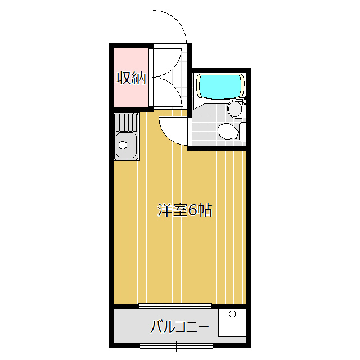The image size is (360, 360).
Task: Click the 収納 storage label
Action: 131,78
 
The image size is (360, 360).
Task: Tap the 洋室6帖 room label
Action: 185,210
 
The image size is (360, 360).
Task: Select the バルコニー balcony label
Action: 179,326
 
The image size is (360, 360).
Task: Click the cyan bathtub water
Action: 220,87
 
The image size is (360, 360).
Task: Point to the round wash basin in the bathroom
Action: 235,109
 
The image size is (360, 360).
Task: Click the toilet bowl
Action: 228,131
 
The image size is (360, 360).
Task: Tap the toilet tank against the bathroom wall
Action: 243,132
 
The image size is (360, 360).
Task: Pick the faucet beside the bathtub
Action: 244,101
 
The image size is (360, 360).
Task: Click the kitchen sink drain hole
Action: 123,145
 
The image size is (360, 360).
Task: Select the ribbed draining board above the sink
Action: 126,122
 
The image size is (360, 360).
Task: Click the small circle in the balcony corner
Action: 232,314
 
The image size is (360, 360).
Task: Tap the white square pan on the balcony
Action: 232,323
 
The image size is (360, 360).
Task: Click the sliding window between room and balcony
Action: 175,305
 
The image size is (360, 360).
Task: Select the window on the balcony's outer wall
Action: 176,346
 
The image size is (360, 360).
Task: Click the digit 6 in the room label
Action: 192,210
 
